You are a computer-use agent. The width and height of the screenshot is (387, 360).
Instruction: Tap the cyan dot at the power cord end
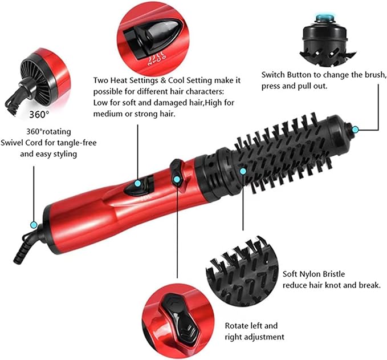point(34,225)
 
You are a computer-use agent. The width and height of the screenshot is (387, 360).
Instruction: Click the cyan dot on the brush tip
point(355,130)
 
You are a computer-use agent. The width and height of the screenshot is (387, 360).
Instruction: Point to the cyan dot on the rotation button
point(177,180)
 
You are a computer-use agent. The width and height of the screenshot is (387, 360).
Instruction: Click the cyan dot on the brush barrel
point(243,170)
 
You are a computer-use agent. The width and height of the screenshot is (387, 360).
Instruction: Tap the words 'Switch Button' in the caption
point(287,75)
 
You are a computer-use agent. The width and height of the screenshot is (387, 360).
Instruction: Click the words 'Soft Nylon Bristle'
point(313,274)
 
